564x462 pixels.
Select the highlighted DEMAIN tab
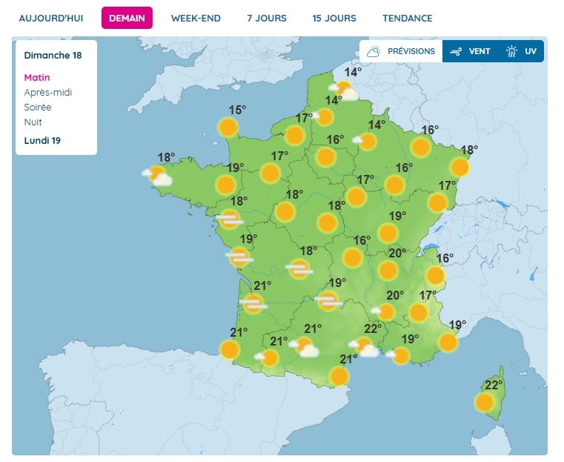pyautogui.click(x=127, y=18)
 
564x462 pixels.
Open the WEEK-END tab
pyautogui.click(x=196, y=18)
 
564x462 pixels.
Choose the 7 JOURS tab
pyautogui.click(x=267, y=18)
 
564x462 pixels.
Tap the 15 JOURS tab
pyautogui.click(x=334, y=18)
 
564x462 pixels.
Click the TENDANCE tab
pyautogui.click(x=408, y=18)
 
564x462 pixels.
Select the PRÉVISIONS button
pyautogui.click(x=411, y=51)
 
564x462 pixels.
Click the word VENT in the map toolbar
pyautogui.click(x=480, y=51)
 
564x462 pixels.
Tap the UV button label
pyautogui.click(x=530, y=51)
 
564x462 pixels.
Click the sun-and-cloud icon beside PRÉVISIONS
pyautogui.click(x=374, y=51)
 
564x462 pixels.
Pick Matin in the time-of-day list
pyautogui.click(x=37, y=77)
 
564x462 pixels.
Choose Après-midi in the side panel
pyautogui.click(x=48, y=92)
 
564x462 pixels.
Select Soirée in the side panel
pyautogui.click(x=38, y=107)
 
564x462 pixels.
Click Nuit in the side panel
pyautogui.click(x=33, y=122)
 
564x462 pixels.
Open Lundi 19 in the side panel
pyautogui.click(x=42, y=140)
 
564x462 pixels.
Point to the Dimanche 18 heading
pyautogui.click(x=53, y=55)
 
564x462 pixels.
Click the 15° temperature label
pyautogui.click(x=236, y=110)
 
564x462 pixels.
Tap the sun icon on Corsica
pyautogui.click(x=484, y=403)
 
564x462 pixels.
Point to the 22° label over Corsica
pyautogui.click(x=494, y=385)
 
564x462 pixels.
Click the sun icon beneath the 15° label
pyautogui.click(x=228, y=128)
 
